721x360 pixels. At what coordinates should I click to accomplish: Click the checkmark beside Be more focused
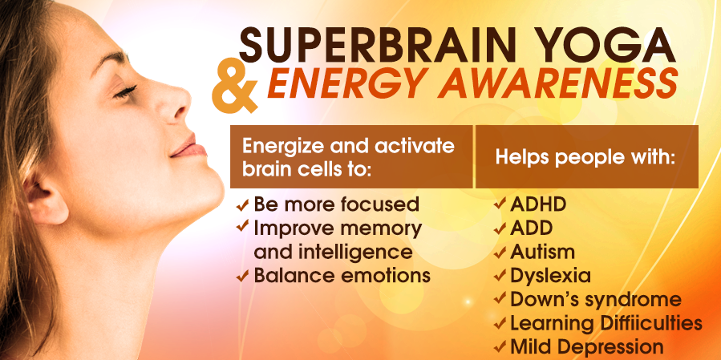click(x=242, y=205)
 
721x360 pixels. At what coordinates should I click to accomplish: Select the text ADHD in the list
click(x=538, y=204)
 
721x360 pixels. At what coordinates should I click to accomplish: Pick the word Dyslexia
click(x=550, y=277)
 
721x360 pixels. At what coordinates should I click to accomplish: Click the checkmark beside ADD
click(x=500, y=229)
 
